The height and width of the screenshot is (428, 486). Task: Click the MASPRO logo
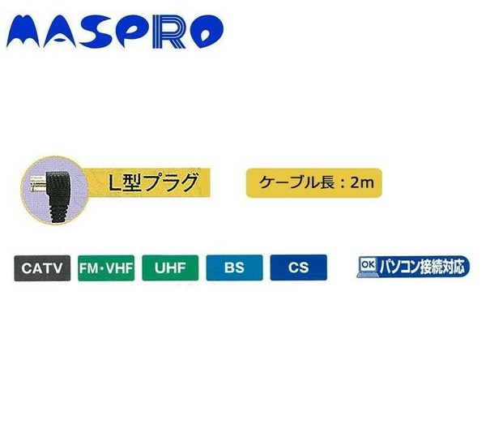pos(115,32)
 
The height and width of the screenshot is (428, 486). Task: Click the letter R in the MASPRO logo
pos(170,32)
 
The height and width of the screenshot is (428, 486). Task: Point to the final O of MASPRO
pos(207,32)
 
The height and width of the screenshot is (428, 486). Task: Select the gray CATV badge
pos(42,268)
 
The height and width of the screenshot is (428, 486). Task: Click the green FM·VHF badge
pos(106,268)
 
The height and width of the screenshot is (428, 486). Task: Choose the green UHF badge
pos(170,267)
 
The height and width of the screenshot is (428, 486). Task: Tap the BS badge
pos(234,267)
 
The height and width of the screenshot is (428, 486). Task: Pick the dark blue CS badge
pos(298,267)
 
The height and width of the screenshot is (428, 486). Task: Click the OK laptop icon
pos(368,267)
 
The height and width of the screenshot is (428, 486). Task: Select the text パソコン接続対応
pos(423,267)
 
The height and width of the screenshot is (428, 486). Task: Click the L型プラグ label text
pos(153,182)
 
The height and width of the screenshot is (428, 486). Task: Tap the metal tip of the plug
pos(37,184)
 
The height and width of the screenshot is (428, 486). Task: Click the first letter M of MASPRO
pos(24,32)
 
